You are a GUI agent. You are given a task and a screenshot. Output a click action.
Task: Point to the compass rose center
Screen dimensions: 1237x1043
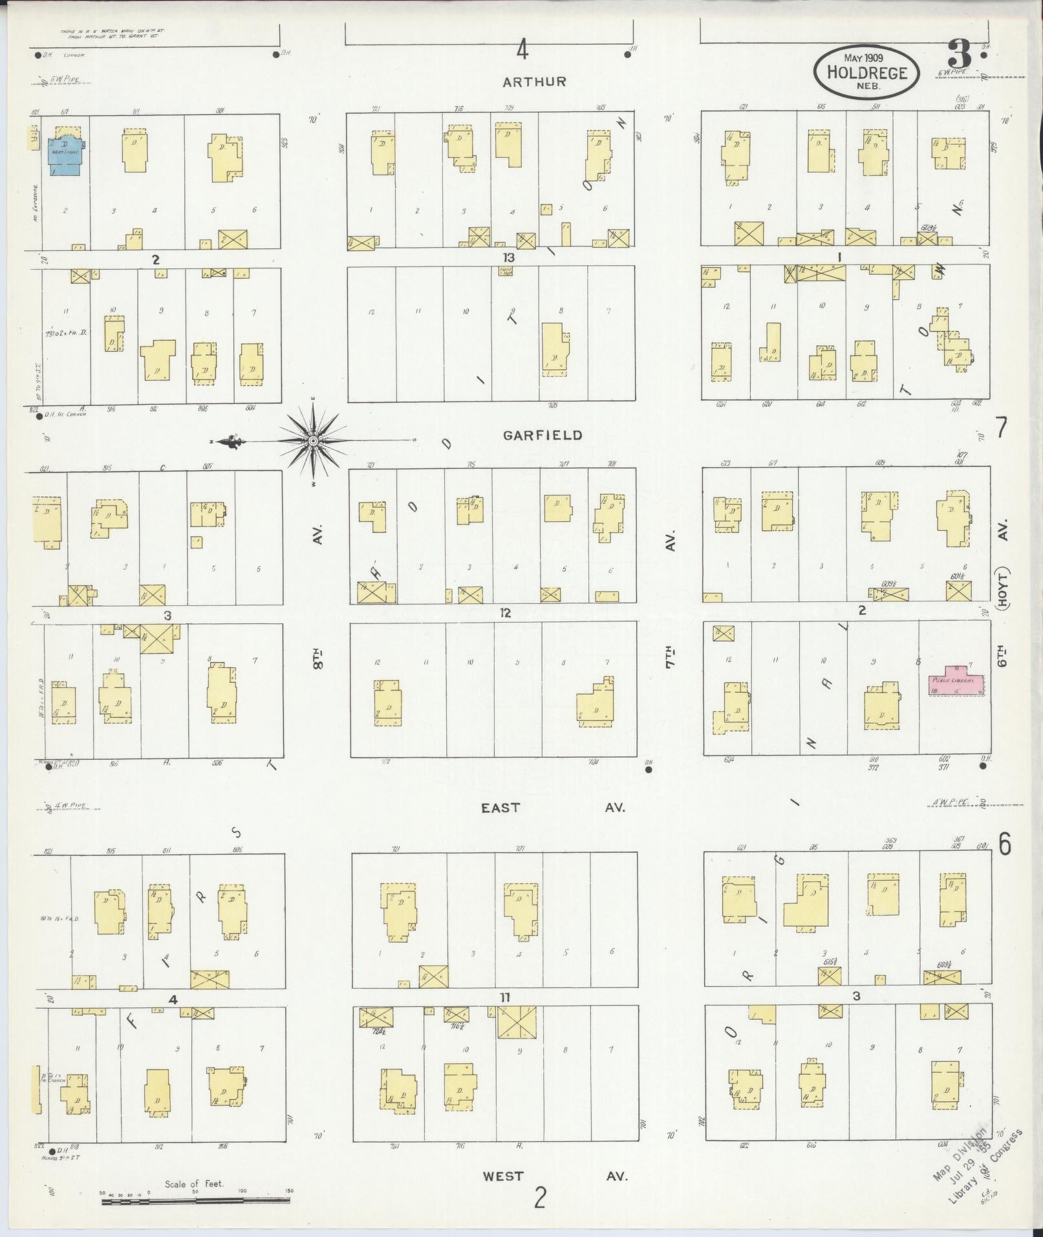(x=313, y=441)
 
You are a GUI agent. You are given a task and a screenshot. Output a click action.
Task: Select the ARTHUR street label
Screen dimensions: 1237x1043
(x=534, y=81)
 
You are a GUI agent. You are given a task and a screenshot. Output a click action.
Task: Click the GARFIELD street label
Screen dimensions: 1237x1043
(x=543, y=435)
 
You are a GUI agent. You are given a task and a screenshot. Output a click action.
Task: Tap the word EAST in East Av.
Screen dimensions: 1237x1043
(x=500, y=808)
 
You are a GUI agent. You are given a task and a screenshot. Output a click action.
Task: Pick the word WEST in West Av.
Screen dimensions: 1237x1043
(x=503, y=1175)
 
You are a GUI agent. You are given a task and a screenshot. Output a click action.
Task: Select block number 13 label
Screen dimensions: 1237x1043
(x=508, y=257)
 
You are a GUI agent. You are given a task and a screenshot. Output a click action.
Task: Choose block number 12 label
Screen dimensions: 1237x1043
(x=505, y=612)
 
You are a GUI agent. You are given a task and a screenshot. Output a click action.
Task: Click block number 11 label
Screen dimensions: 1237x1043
(x=505, y=998)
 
